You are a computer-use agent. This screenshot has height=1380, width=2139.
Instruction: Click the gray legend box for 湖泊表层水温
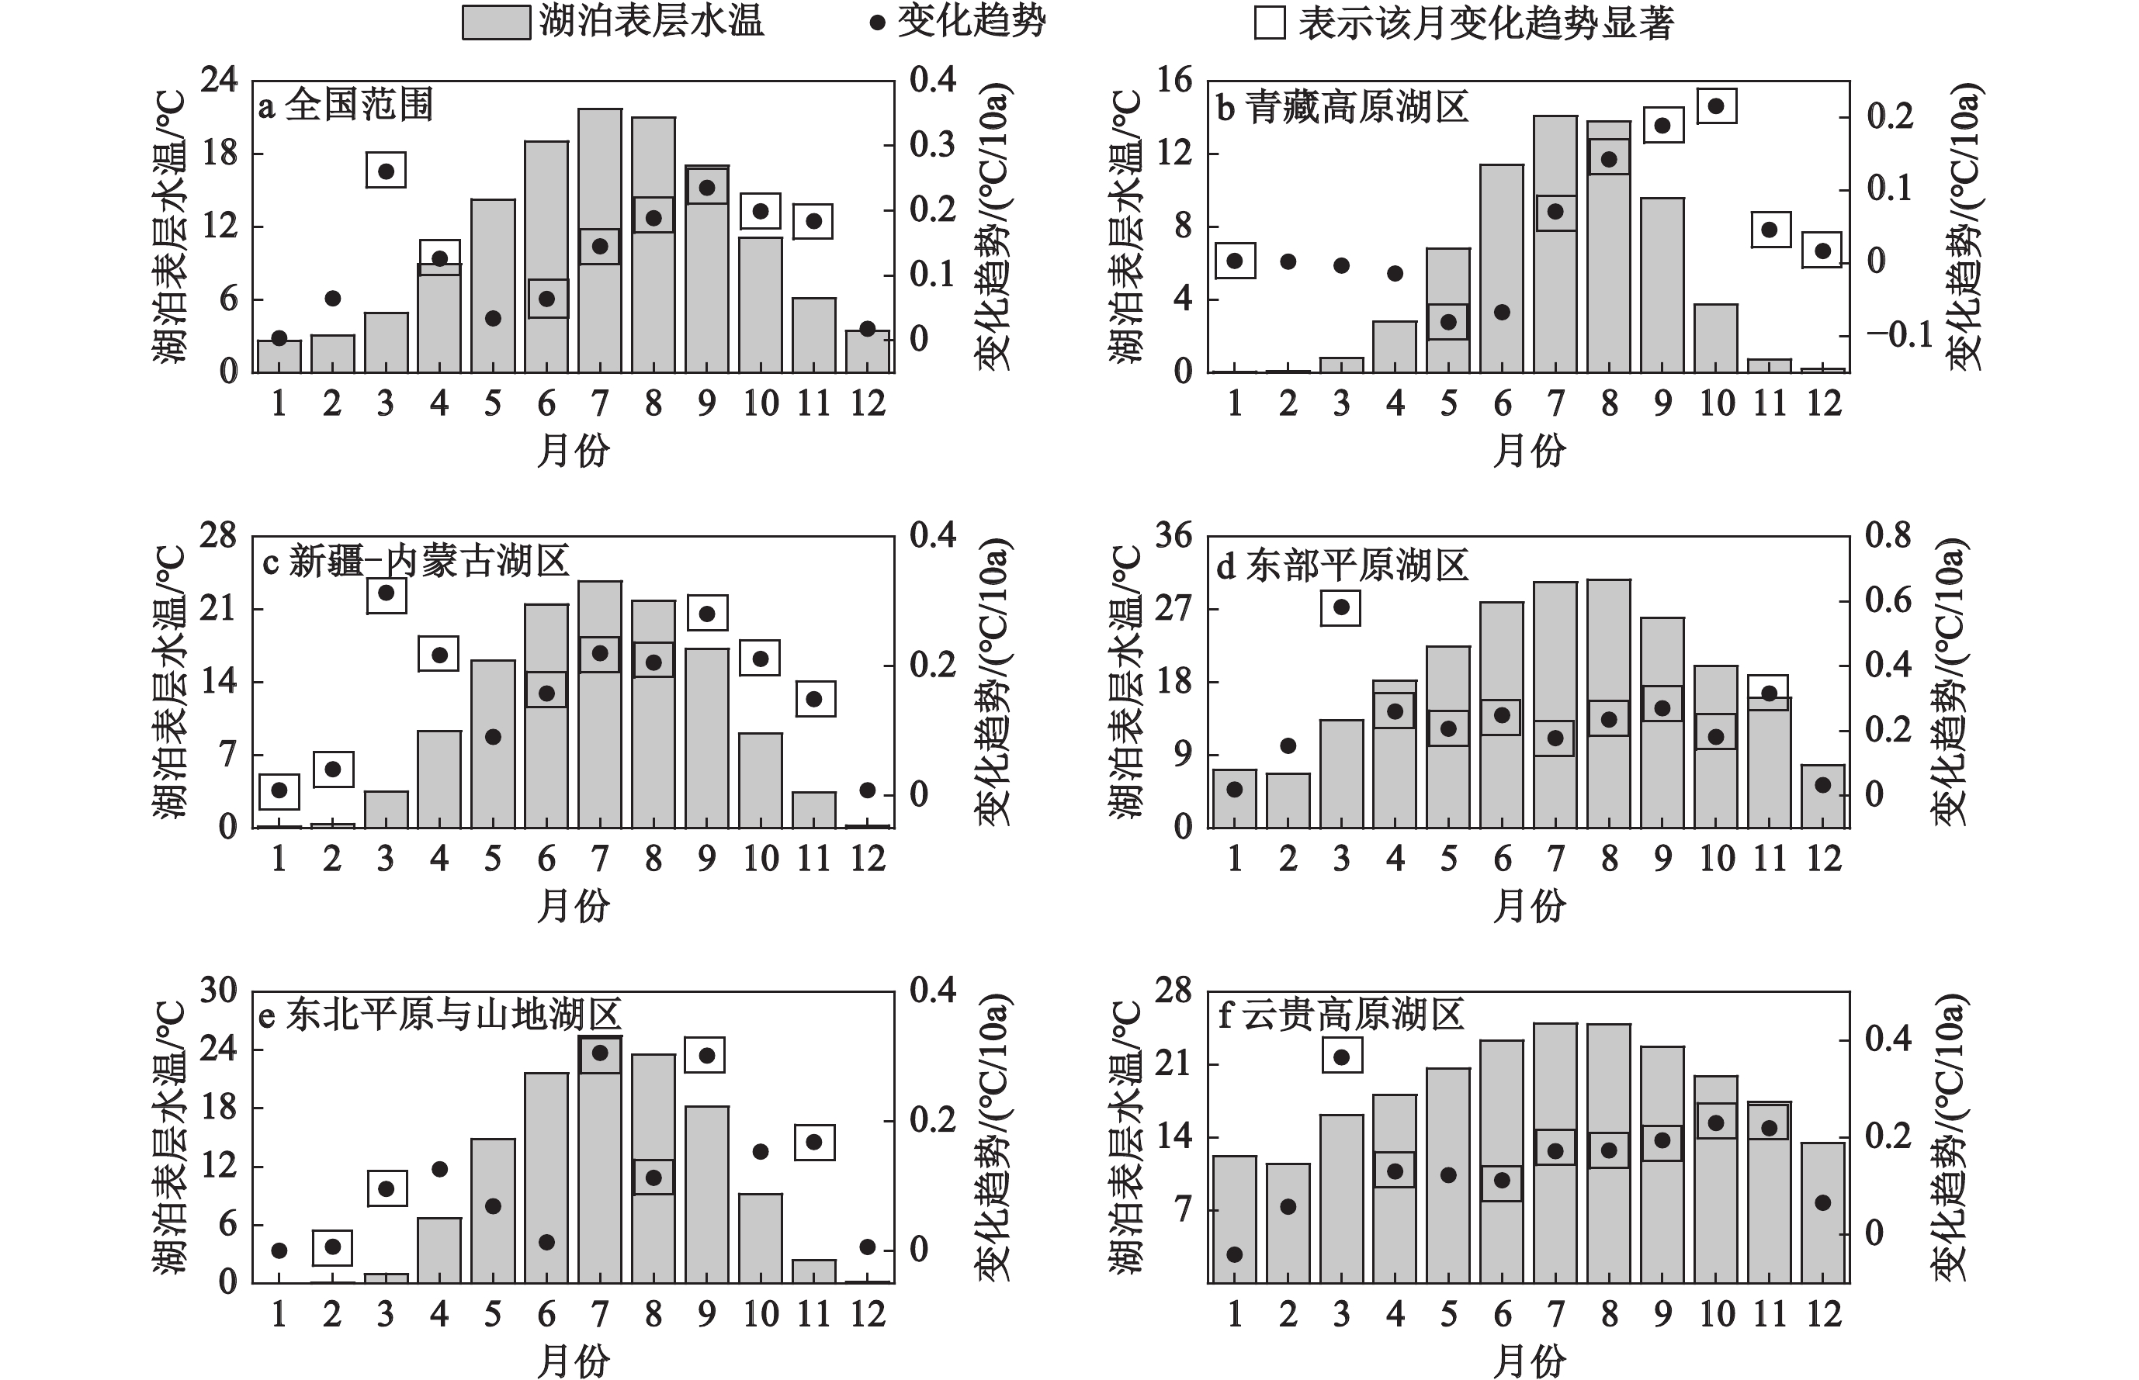point(496,22)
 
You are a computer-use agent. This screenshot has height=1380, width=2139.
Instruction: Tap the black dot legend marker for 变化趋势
point(878,23)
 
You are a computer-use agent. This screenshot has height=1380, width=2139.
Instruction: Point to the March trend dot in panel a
point(387,171)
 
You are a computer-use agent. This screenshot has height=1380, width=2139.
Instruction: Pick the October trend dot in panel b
point(1716,106)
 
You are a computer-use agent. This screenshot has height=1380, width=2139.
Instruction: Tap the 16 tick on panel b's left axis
point(1174,81)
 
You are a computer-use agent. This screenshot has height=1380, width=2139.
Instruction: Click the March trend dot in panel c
point(387,593)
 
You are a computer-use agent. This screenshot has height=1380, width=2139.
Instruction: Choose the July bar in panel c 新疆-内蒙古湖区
point(600,704)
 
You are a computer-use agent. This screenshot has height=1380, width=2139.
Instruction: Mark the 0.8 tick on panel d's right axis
point(1888,537)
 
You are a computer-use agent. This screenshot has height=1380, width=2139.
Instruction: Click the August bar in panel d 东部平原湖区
point(1609,704)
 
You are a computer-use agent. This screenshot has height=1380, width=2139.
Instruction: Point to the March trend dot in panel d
point(1341,607)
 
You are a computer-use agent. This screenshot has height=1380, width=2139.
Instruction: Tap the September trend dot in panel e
point(706,1056)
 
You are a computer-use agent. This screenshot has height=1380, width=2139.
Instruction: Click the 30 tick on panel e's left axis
point(219,991)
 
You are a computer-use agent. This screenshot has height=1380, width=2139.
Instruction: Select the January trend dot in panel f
point(1235,1254)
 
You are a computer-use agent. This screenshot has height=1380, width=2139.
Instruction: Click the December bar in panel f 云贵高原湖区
point(1822,1212)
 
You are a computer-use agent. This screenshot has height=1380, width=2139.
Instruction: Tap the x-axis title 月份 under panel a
point(573,451)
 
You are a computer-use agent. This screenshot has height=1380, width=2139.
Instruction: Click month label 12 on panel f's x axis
point(1823,1315)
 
